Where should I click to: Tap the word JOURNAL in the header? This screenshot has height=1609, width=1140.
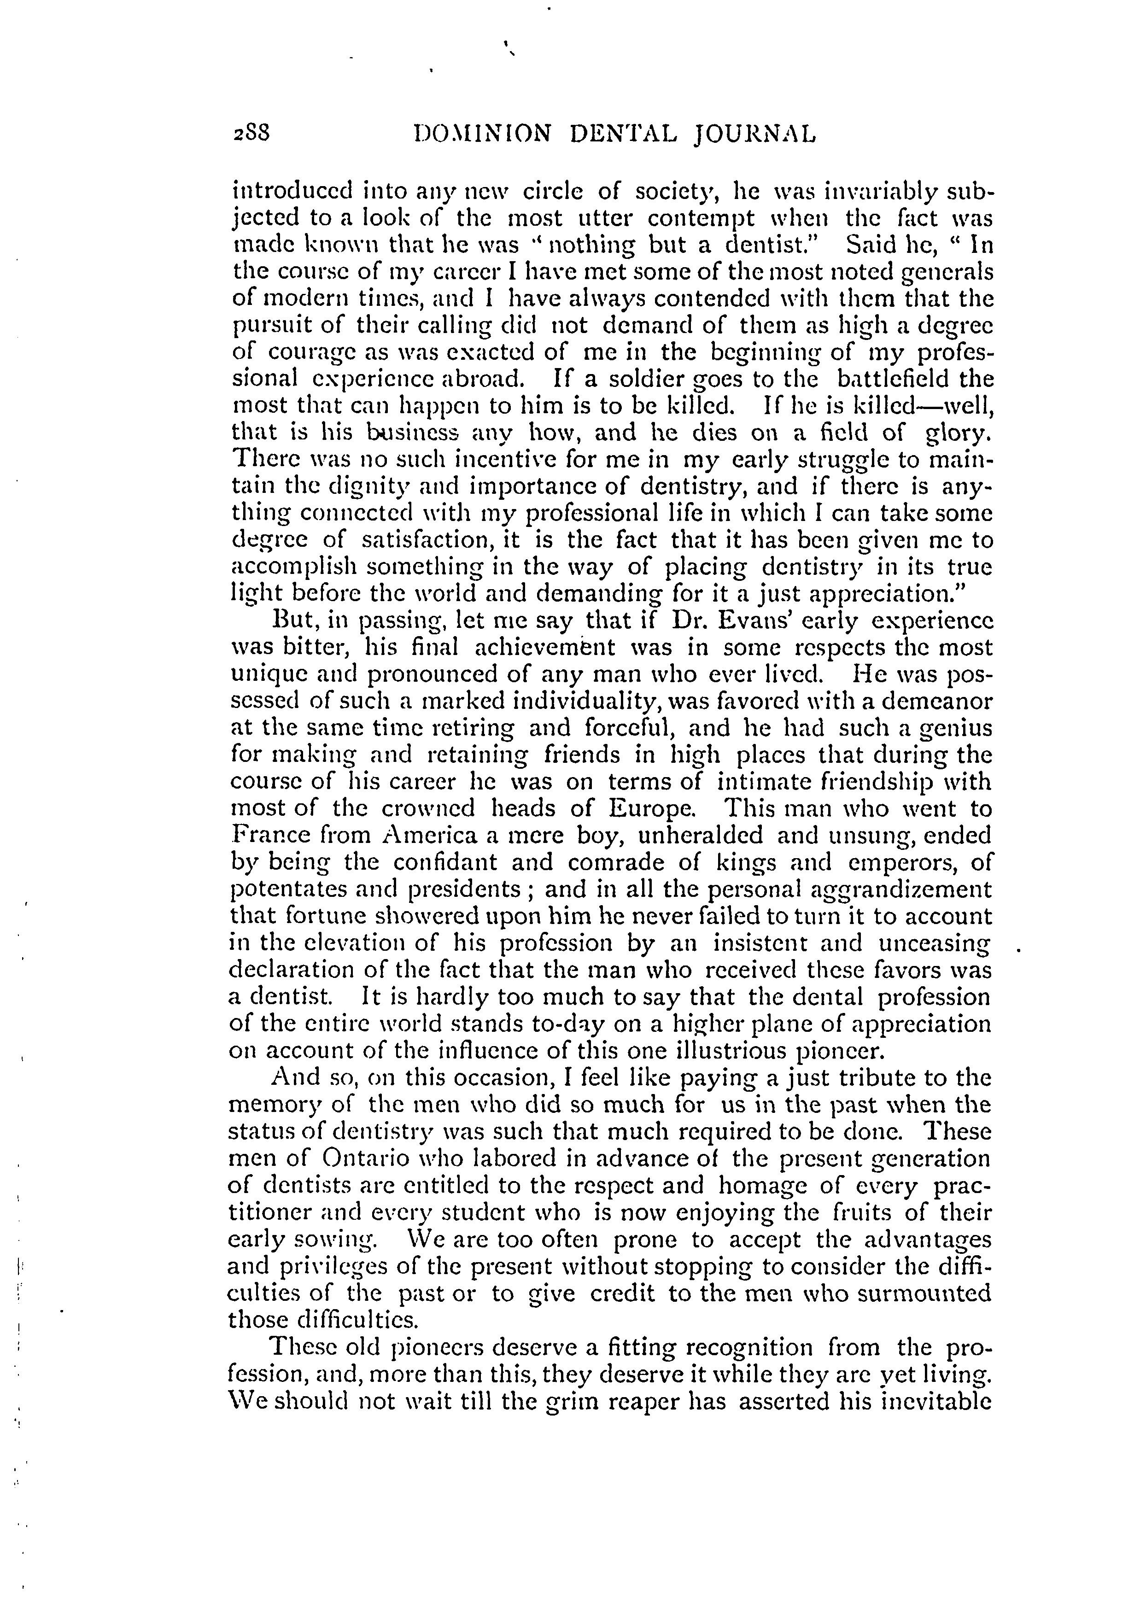pos(755,134)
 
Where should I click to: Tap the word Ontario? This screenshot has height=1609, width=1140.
pos(368,1158)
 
